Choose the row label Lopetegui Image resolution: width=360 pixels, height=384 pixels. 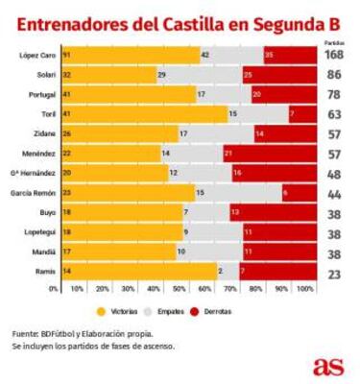tap(33, 232)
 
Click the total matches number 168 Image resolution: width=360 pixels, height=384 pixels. tap(337, 56)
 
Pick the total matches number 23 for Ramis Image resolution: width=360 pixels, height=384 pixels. tap(337, 272)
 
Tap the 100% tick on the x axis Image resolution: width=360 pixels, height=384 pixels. tap(305, 288)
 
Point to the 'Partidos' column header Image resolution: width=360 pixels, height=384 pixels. tap(336, 42)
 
